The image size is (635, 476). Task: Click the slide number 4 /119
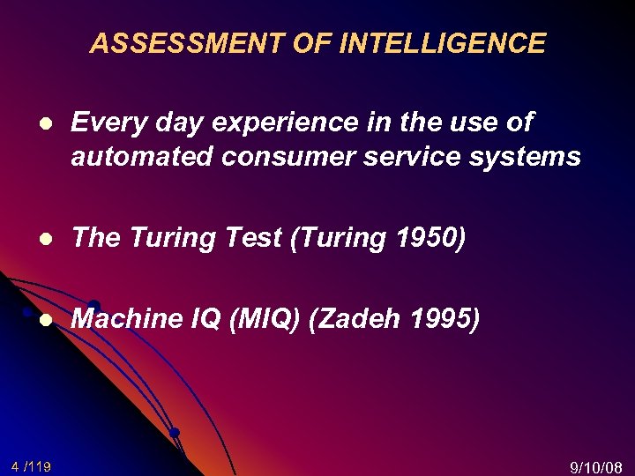(x=31, y=465)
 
